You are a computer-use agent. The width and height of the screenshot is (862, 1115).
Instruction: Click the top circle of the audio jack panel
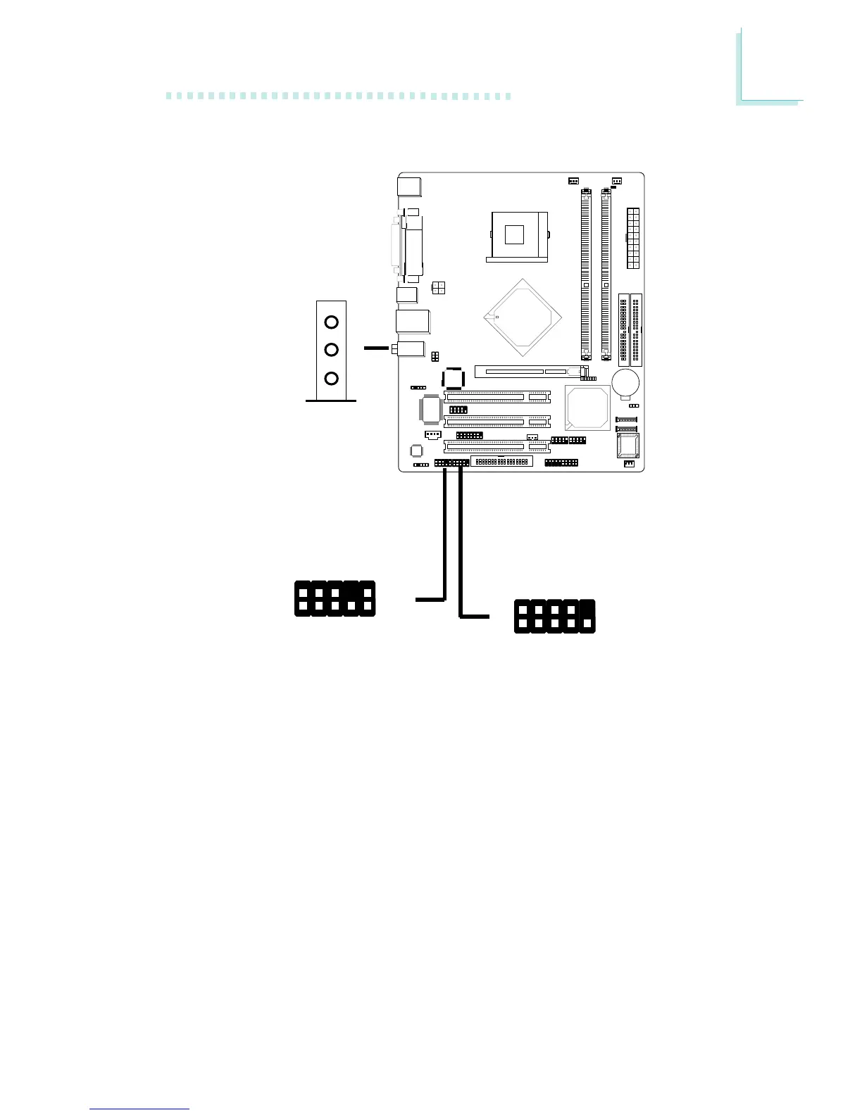332,322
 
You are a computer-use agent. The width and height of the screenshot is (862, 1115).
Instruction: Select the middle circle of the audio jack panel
332,350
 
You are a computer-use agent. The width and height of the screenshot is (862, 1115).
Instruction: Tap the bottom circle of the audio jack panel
332,379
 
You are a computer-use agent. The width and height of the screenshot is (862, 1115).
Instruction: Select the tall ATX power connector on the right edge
632,238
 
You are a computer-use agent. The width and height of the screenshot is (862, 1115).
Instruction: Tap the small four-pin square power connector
438,287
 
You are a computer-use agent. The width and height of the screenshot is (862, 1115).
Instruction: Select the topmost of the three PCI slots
496,398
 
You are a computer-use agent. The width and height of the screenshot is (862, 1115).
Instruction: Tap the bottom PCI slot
496,445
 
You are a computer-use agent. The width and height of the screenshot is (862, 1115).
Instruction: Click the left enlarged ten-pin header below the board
335,598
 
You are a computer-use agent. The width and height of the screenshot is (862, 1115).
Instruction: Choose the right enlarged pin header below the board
554,616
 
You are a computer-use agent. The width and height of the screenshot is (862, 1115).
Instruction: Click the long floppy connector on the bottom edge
501,462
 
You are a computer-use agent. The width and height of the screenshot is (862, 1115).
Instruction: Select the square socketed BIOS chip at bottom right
627,445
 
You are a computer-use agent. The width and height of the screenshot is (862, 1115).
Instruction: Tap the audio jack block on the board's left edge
411,348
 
